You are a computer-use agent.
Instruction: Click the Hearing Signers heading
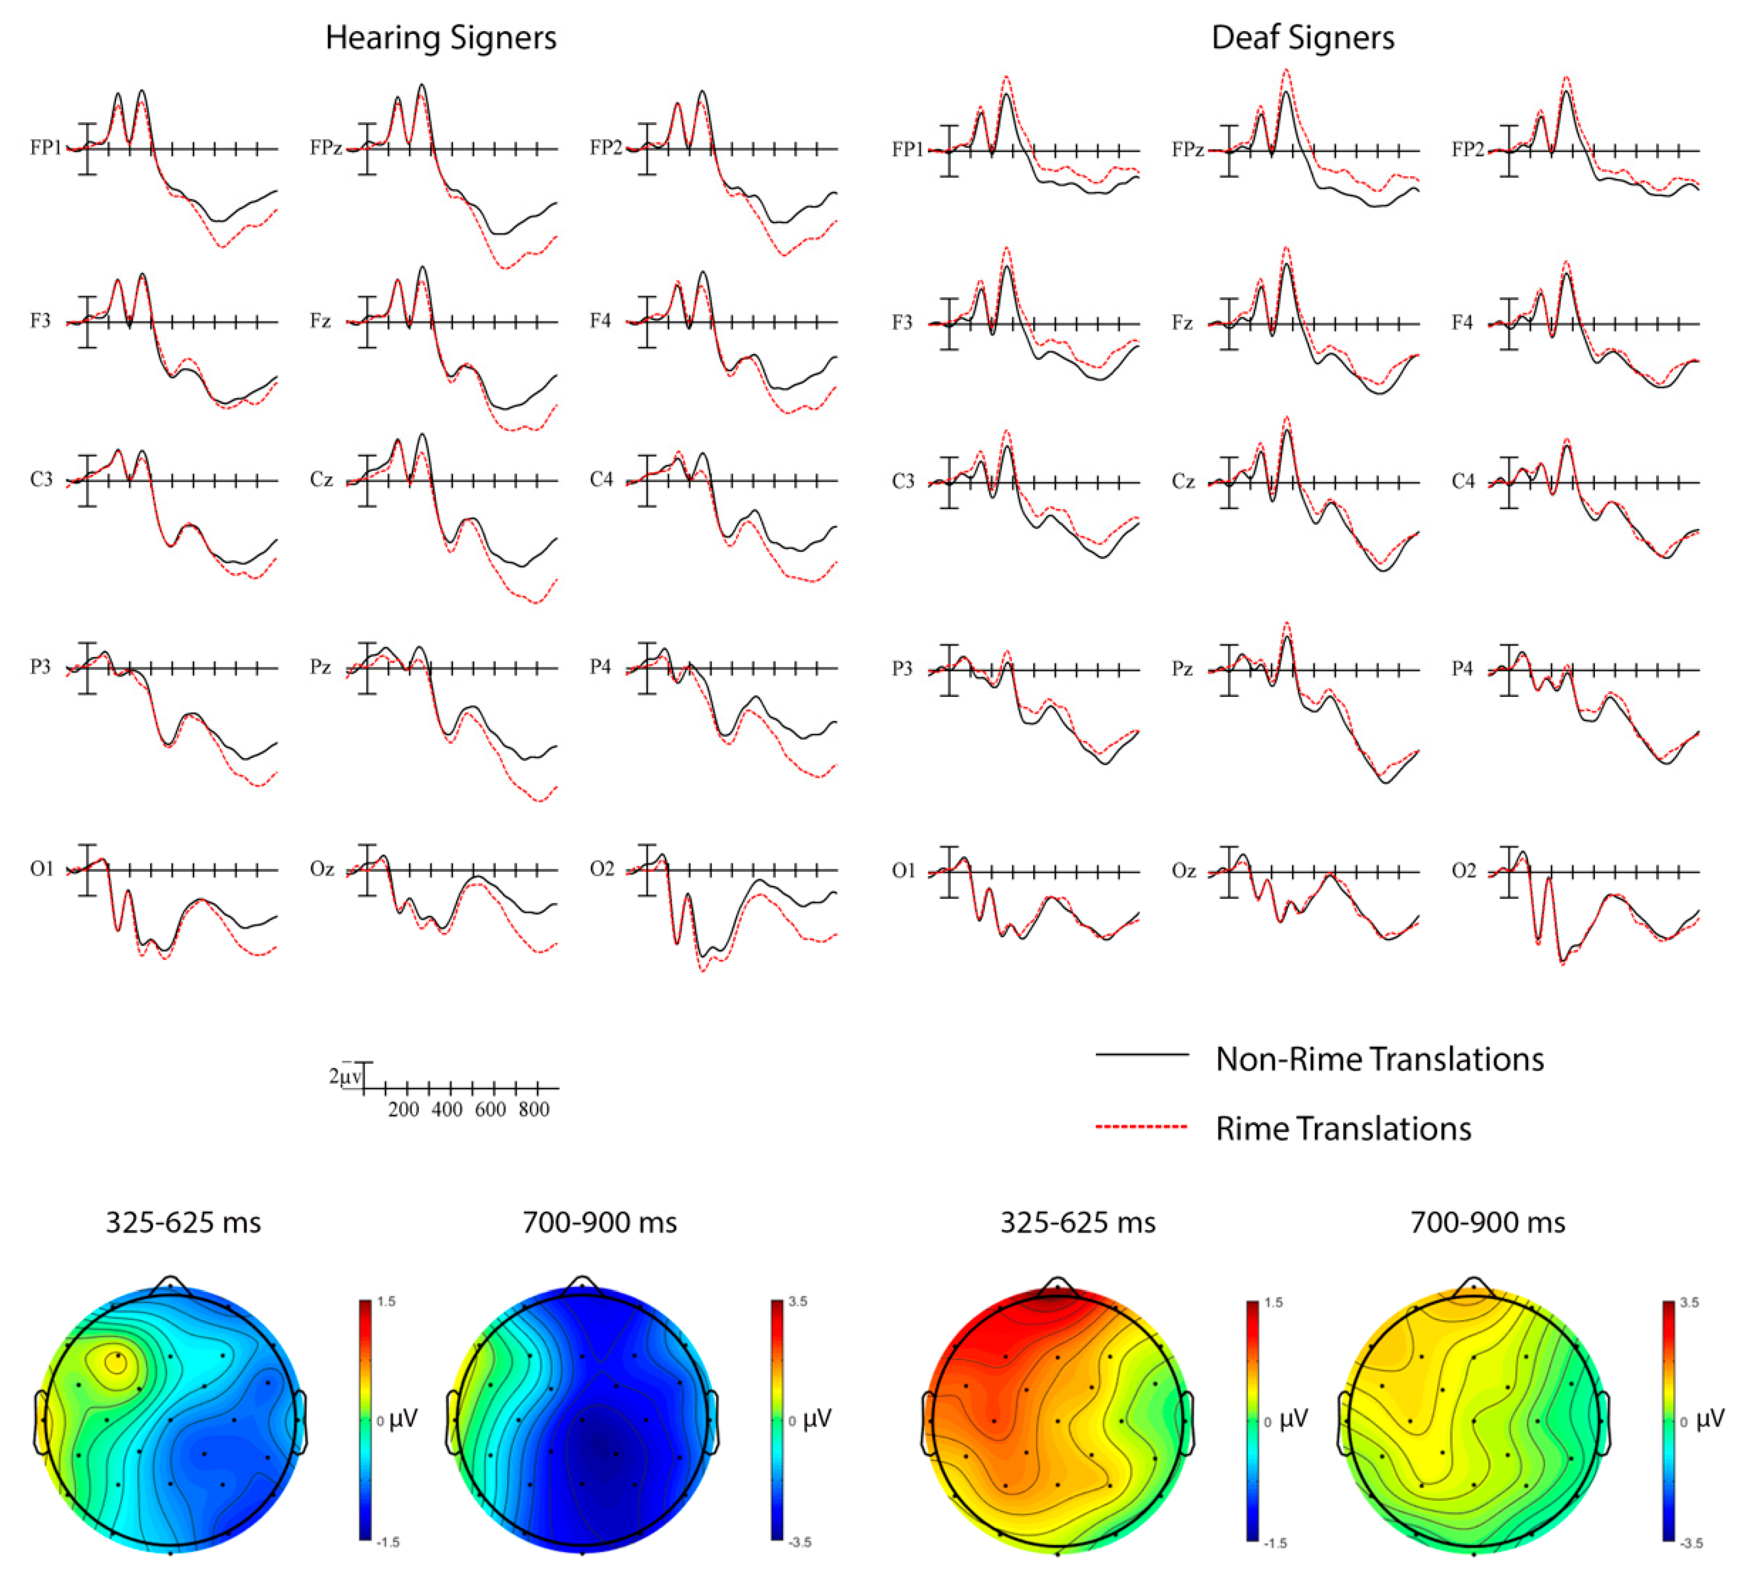click(x=441, y=38)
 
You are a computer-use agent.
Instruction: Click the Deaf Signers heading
click(x=1302, y=38)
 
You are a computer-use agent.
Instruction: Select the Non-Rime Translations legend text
click(x=1379, y=1059)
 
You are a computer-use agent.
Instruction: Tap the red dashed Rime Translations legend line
click(x=1141, y=1127)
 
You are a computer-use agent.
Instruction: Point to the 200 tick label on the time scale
click(x=403, y=1110)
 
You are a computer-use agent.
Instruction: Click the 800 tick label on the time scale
click(x=534, y=1110)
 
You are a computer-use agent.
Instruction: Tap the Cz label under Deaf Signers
click(x=1183, y=482)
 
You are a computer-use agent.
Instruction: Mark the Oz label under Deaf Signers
click(x=1183, y=871)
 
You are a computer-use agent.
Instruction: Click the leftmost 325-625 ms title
click(x=183, y=1223)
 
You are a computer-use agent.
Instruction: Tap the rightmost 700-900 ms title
click(x=1487, y=1223)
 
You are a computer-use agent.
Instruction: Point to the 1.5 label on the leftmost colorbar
click(x=387, y=1302)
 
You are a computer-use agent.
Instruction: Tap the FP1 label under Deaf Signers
click(x=907, y=150)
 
